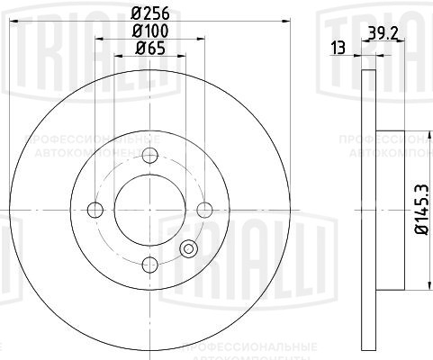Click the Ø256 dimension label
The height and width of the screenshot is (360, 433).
point(149,13)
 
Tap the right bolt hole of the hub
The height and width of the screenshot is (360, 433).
point(205,210)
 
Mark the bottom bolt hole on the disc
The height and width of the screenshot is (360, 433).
point(150,264)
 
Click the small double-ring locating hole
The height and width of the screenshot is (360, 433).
point(189,249)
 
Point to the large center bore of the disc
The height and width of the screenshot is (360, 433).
point(150,210)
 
